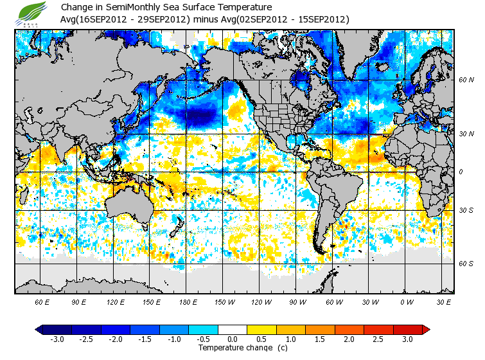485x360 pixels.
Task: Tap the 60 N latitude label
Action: [466, 80]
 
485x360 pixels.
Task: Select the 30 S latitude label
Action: [466, 210]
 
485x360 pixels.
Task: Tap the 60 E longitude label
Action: [42, 301]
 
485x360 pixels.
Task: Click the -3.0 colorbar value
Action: [57, 339]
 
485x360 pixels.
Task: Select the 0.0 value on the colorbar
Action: [233, 339]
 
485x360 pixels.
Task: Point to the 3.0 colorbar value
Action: [407, 339]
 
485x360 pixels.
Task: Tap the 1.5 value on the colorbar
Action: [320, 339]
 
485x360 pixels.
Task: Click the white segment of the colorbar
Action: [233, 330]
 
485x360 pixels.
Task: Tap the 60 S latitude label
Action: [466, 263]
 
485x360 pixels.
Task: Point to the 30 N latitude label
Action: [466, 134]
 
